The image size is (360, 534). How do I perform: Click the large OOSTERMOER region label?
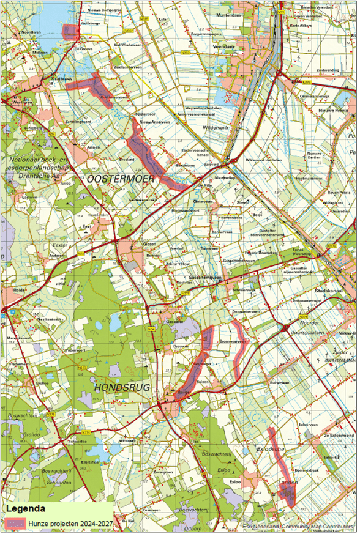pos(121,179)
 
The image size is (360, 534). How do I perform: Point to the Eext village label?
pos(86,226)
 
